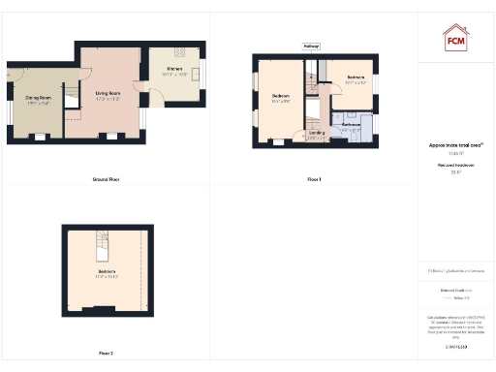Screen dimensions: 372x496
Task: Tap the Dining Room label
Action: [x=38, y=97]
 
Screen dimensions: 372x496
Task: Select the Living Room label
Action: [x=107, y=94]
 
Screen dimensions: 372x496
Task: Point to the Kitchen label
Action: [x=174, y=70]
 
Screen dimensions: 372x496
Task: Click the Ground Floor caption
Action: [x=106, y=180]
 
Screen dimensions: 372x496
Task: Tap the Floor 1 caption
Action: [x=313, y=180]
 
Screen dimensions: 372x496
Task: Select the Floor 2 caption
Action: [x=105, y=353]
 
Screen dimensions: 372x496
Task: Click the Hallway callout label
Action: [x=312, y=46]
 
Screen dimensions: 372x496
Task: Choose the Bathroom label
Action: [x=351, y=125]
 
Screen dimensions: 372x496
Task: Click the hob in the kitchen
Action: [x=178, y=51]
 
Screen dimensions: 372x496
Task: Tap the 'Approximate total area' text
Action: [x=455, y=145]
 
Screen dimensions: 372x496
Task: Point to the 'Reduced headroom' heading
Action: [x=455, y=166]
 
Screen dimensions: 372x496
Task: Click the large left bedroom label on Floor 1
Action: [x=281, y=96]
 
